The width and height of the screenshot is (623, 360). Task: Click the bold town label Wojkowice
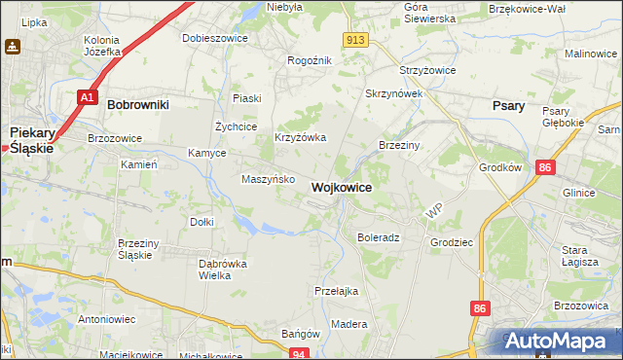[x=341, y=187]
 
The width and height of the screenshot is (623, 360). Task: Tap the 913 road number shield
[x=355, y=39]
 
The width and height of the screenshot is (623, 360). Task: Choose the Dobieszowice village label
[x=215, y=39]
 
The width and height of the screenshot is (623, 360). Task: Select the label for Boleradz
[x=379, y=237]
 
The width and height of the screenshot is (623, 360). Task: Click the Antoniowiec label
[x=107, y=319]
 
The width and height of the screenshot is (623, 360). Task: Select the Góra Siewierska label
[x=429, y=13]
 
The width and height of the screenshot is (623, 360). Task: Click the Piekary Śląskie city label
[x=30, y=139]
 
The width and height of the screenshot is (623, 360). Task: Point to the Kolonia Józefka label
[x=101, y=46]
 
